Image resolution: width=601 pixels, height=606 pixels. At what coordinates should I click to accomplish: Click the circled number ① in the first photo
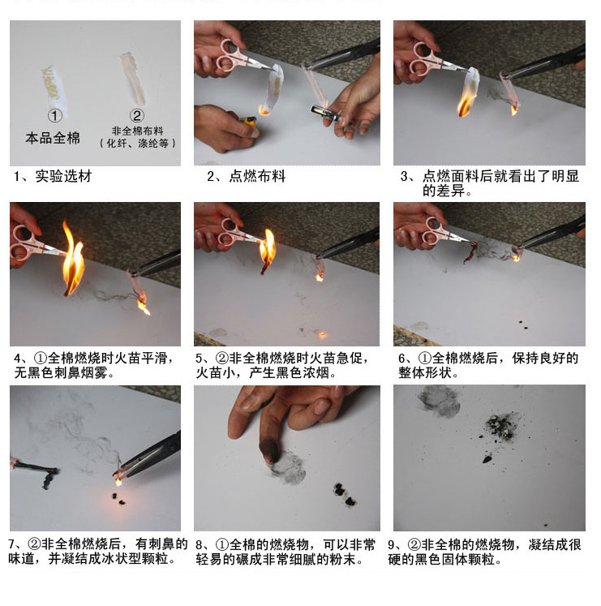coord(54,116)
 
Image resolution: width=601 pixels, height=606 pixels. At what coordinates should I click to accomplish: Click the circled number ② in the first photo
coord(137,116)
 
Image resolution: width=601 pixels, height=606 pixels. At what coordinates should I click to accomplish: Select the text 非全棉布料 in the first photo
coord(137,131)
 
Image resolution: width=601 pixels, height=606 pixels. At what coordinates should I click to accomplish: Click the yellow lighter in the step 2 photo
coord(249,122)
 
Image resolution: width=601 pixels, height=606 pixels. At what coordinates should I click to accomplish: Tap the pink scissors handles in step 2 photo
coord(230,58)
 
